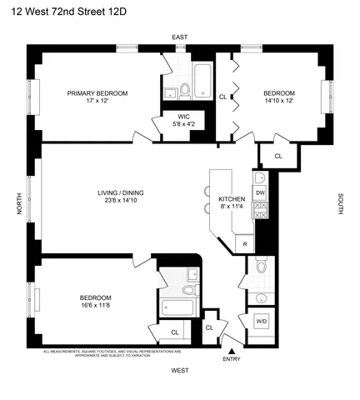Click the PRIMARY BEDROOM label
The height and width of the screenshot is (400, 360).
[x=97, y=93]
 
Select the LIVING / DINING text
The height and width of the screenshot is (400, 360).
[x=121, y=192]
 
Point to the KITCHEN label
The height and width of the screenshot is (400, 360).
[x=231, y=200]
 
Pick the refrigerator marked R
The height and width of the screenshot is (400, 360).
[x=244, y=242]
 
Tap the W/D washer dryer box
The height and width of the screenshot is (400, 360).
[x=261, y=322]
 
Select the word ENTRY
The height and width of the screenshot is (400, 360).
[x=232, y=358]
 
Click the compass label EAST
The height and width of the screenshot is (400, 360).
[x=179, y=37]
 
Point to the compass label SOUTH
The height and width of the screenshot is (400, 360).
[x=341, y=204]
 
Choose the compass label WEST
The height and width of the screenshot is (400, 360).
[x=180, y=369]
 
